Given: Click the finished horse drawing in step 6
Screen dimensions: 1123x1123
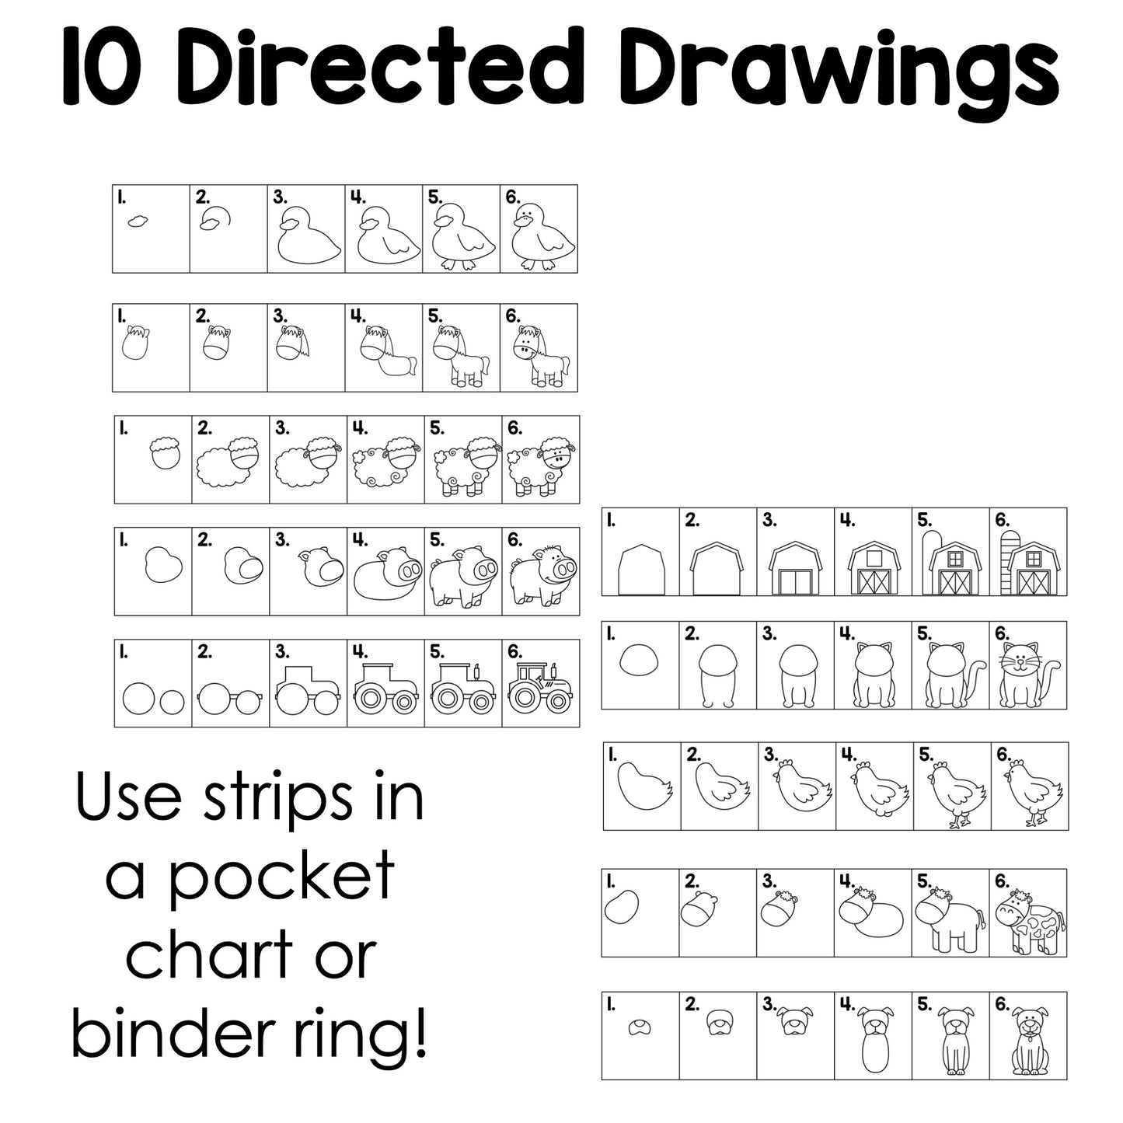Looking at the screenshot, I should pyautogui.click(x=542, y=355).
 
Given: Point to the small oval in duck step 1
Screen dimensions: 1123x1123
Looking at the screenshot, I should pyautogui.click(x=138, y=221).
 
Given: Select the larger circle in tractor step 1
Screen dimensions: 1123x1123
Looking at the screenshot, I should pyautogui.click(x=140, y=699).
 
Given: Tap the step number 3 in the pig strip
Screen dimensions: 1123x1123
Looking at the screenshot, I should pyautogui.click(x=281, y=539).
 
